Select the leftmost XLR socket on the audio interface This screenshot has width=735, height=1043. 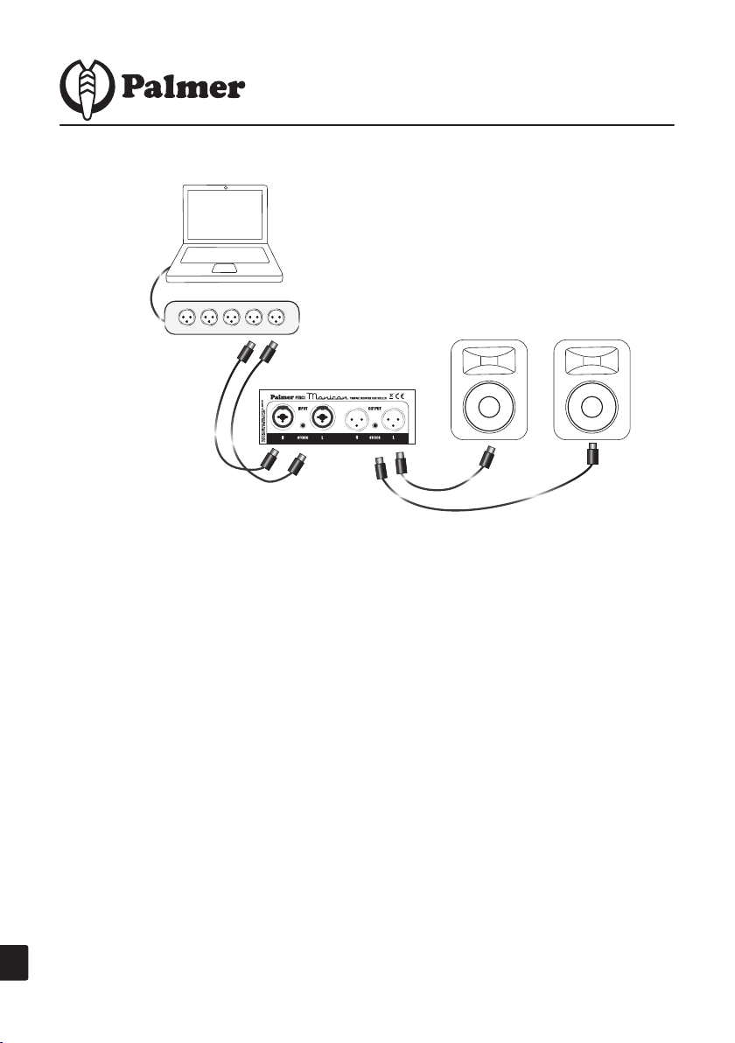pos(186,316)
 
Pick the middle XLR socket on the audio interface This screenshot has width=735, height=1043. pos(232,316)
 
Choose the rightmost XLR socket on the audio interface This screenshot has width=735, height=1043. pos(277,316)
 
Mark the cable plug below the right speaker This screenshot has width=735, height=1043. pos(592,457)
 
